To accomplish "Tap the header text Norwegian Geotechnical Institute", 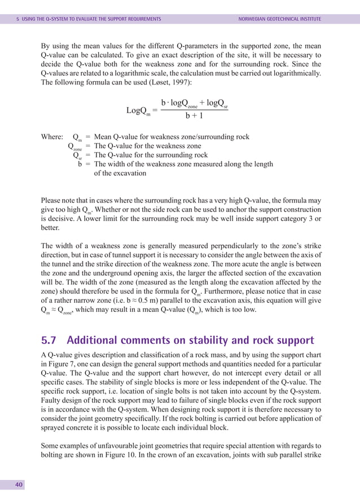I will coord(280,19).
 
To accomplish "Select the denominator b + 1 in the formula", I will coord(194,116).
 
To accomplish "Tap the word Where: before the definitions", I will coord(52,137).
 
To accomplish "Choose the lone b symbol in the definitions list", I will coord(80,164).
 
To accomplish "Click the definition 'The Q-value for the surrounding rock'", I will coord(151,155).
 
